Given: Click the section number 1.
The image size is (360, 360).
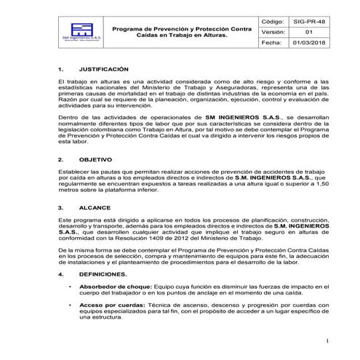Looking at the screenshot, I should pos(60,67).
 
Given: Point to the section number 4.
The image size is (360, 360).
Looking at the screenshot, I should pos(60,274).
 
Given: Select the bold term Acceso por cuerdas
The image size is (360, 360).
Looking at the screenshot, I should pos(108,305).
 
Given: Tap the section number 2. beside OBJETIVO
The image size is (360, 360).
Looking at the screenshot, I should pos(60,158).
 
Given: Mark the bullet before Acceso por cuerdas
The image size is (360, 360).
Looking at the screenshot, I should pos(70,305).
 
